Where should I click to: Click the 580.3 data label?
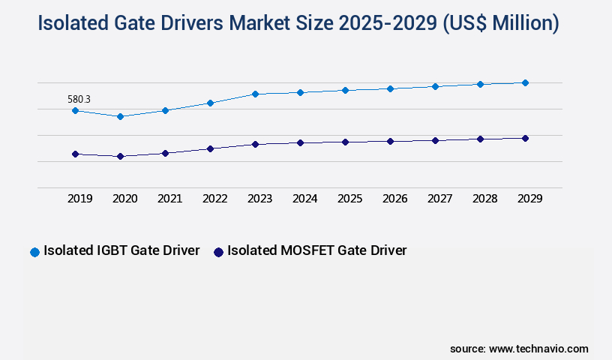click(x=79, y=99)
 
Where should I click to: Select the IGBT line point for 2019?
click(x=75, y=110)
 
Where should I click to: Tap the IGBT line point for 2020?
click(x=120, y=116)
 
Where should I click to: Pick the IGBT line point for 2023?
click(x=255, y=94)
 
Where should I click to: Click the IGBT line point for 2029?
click(x=525, y=82)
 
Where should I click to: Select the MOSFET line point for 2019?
click(x=75, y=154)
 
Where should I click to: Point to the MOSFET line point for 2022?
click(x=210, y=148)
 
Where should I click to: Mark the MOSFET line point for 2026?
click(x=390, y=141)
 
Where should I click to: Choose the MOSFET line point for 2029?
click(x=525, y=138)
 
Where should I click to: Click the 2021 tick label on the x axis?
click(x=169, y=199)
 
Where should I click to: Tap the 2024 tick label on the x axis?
click(x=304, y=199)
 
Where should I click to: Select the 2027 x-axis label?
click(x=439, y=199)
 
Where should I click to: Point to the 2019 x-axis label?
click(x=79, y=199)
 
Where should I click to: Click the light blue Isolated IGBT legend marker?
click(x=34, y=252)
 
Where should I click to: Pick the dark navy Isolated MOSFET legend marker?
click(x=218, y=252)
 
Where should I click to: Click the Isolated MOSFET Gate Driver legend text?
click(x=316, y=250)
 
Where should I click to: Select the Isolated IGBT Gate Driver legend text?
click(x=121, y=250)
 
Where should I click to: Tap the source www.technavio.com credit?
click(x=519, y=349)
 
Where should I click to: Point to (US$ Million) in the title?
click(x=501, y=23)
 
